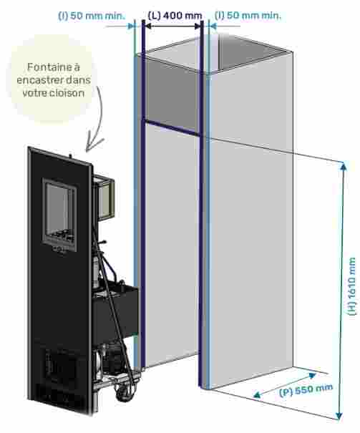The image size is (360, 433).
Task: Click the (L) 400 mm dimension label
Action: tap(175, 16)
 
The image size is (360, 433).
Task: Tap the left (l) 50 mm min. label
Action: tap(92, 16)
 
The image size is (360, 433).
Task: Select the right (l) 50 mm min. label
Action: tap(248, 16)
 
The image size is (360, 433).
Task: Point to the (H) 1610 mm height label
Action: tap(351, 286)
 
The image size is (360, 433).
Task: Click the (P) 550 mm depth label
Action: tap(306, 390)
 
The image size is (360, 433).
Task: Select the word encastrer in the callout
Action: tap(41, 80)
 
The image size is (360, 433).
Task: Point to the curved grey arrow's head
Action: tap(92, 144)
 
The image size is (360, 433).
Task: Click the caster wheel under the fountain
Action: tap(122, 393)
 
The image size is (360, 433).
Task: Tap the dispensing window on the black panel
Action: tap(59, 215)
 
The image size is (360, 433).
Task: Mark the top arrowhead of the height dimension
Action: tap(344, 165)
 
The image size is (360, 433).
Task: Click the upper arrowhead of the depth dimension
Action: tap(312, 375)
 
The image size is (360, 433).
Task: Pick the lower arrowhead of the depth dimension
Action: tap(258, 395)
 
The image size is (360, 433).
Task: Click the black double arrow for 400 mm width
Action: tap(172, 26)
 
